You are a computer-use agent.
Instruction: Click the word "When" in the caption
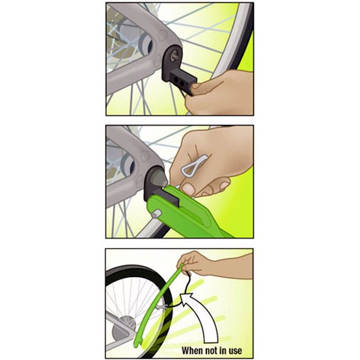[x=191, y=350]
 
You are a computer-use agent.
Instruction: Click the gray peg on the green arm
[x=156, y=214]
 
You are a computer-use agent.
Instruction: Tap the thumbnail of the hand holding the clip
[x=188, y=189]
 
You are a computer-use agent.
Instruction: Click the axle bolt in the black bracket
[x=175, y=55]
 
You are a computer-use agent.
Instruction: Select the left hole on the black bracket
[x=177, y=80]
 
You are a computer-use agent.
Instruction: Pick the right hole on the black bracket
[x=182, y=83]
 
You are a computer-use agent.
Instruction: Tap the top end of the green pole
[x=182, y=266]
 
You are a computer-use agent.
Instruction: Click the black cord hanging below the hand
[x=189, y=281]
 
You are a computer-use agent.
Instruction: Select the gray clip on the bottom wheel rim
[x=162, y=307]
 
